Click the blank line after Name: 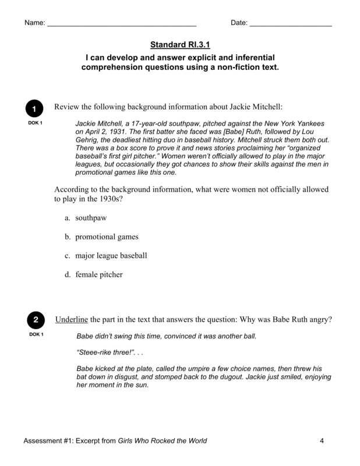121,24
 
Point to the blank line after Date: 291,24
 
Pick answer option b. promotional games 101,237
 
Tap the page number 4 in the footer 322,440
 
